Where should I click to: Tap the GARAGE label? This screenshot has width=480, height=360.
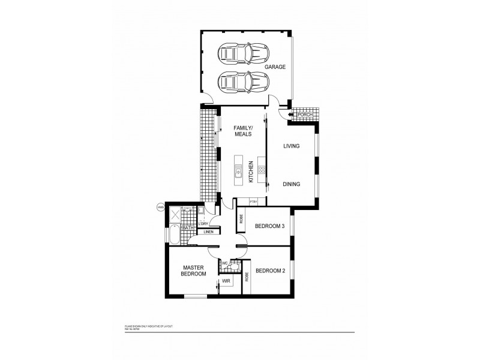[x=275, y=67]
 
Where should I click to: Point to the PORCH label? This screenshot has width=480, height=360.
[x=305, y=114]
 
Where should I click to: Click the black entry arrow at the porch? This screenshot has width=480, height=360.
[x=290, y=114]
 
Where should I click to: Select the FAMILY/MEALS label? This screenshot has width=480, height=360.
[x=243, y=131]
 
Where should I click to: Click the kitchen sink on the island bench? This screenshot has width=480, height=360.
[x=238, y=174]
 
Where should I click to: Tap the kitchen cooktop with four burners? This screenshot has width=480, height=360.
[x=262, y=169]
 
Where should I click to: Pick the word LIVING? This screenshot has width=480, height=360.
[x=291, y=146]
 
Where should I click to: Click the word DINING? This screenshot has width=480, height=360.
[x=291, y=184]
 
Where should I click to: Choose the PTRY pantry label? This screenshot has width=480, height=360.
[x=245, y=202]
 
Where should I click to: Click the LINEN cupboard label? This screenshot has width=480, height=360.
[x=208, y=232]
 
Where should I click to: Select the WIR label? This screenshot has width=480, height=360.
[x=227, y=280]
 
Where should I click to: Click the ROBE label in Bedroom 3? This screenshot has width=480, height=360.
[x=241, y=220]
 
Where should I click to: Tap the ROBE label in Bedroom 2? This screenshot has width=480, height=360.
[x=247, y=277]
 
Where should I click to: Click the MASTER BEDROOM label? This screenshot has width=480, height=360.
[x=194, y=271]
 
